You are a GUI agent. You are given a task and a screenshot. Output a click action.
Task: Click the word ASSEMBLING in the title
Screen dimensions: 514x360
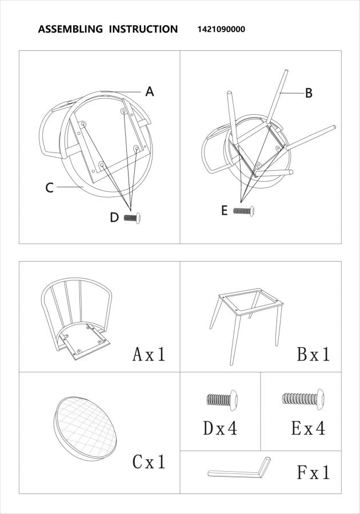[x=70, y=29]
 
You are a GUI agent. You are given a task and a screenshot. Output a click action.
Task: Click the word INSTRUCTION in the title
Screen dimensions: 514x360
[x=143, y=29]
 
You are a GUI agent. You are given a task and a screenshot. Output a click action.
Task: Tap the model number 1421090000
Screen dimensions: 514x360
[x=221, y=29]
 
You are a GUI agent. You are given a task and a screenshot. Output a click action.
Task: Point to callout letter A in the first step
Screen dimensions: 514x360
[x=150, y=91]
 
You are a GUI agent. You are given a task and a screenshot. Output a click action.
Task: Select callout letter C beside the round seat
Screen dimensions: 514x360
[x=50, y=187]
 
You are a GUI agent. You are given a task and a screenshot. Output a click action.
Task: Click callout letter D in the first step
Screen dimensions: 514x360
[x=114, y=218]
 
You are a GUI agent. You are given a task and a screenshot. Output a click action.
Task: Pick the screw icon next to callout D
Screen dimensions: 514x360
[x=133, y=218]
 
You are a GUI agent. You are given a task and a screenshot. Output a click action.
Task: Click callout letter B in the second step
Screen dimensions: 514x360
[x=309, y=93]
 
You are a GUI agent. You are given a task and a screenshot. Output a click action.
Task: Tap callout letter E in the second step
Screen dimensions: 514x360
[x=225, y=211]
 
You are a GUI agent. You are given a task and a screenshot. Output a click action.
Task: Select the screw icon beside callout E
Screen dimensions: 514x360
[x=244, y=211]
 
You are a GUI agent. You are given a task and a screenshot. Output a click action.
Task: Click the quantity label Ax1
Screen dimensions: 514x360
[x=149, y=354]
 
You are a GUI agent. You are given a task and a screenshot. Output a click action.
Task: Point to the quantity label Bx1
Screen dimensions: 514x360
[x=313, y=354]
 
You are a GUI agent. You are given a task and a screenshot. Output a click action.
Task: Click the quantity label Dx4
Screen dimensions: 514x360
[x=220, y=428]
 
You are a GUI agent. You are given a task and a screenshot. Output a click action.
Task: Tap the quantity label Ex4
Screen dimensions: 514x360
[x=309, y=428]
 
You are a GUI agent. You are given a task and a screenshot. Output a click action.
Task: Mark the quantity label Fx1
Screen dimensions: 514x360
[x=313, y=472]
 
